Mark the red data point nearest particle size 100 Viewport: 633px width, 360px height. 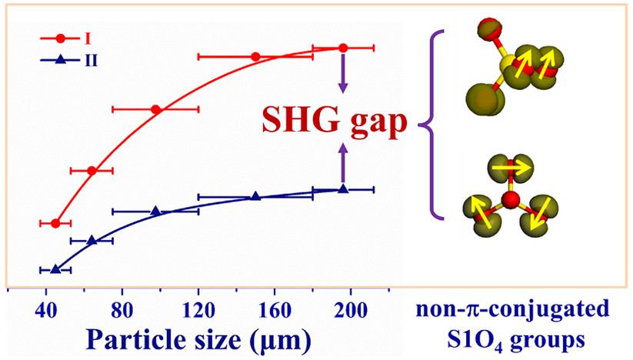pyautogui.click(x=155, y=109)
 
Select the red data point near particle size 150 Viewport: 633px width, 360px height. pyautogui.click(x=255, y=56)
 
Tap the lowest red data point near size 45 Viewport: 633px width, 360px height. pyautogui.click(x=55, y=223)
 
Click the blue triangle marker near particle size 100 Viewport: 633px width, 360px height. pyautogui.click(x=155, y=211)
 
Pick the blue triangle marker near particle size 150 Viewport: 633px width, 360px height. pyautogui.click(x=255, y=196)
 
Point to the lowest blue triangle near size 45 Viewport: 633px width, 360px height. pyautogui.click(x=55, y=269)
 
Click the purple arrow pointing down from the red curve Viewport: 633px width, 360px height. pyautogui.click(x=343, y=74)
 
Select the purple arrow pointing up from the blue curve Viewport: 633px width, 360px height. pyautogui.click(x=343, y=165)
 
